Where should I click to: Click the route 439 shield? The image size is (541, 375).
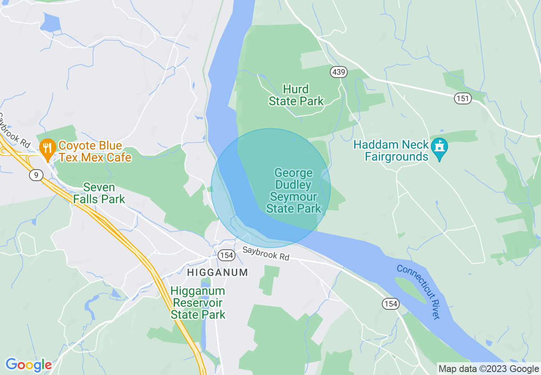pyautogui.click(x=338, y=72)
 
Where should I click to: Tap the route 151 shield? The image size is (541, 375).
pyautogui.click(x=462, y=98)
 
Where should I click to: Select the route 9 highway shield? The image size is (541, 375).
pyautogui.click(x=36, y=174)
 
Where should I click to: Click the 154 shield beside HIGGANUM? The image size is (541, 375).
pyautogui.click(x=226, y=255)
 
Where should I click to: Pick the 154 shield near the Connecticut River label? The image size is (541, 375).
pyautogui.click(x=390, y=304)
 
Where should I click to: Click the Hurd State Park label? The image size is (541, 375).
pyautogui.click(x=296, y=95)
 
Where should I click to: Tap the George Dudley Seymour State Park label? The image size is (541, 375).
pyautogui.click(x=294, y=190)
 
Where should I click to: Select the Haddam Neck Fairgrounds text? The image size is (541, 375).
pyautogui.click(x=391, y=151)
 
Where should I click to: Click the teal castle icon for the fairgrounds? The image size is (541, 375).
pyautogui.click(x=439, y=147)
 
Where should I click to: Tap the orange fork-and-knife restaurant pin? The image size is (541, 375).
pyautogui.click(x=47, y=148)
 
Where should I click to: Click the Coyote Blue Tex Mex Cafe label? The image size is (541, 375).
pyautogui.click(x=95, y=152)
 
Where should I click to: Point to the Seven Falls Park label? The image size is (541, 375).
pyautogui.click(x=99, y=193)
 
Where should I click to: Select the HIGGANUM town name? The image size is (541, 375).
pyautogui.click(x=218, y=272)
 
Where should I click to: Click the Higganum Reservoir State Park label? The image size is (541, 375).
pyautogui.click(x=198, y=303)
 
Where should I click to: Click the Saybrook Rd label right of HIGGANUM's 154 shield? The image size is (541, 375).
pyautogui.click(x=265, y=254)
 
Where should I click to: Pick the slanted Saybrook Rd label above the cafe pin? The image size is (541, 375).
pyautogui.click(x=15, y=131)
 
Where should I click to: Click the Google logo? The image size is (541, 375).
pyautogui.click(x=29, y=365)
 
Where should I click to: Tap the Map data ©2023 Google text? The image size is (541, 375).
pyautogui.click(x=489, y=369)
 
